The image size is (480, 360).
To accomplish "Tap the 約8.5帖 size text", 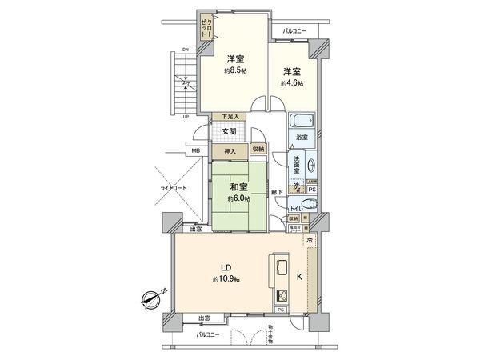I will (x=234, y=70).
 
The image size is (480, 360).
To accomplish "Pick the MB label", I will (x=194, y=150).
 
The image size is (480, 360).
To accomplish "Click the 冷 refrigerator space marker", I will (x=310, y=240).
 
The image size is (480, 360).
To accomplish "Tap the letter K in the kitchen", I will (x=300, y=278).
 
